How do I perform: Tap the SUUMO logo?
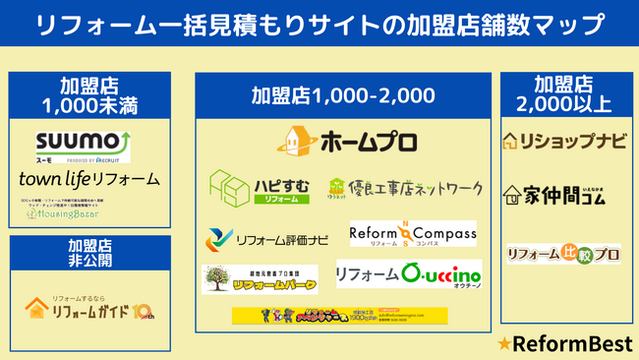83,145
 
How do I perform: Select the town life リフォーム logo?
88,179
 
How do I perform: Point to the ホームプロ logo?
339,139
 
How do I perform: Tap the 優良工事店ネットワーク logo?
404,187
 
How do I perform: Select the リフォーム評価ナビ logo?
266,237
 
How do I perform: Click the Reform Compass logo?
413,233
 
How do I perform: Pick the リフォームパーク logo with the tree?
261,279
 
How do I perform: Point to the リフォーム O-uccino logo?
408,273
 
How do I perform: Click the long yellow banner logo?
339,315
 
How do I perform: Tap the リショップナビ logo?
563,141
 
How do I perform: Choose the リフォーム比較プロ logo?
564,253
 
